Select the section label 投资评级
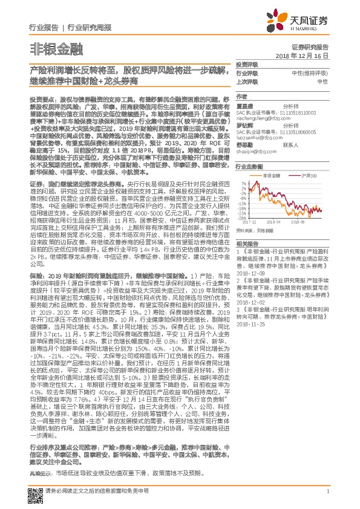[246, 63]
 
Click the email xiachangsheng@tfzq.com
[264, 118]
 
